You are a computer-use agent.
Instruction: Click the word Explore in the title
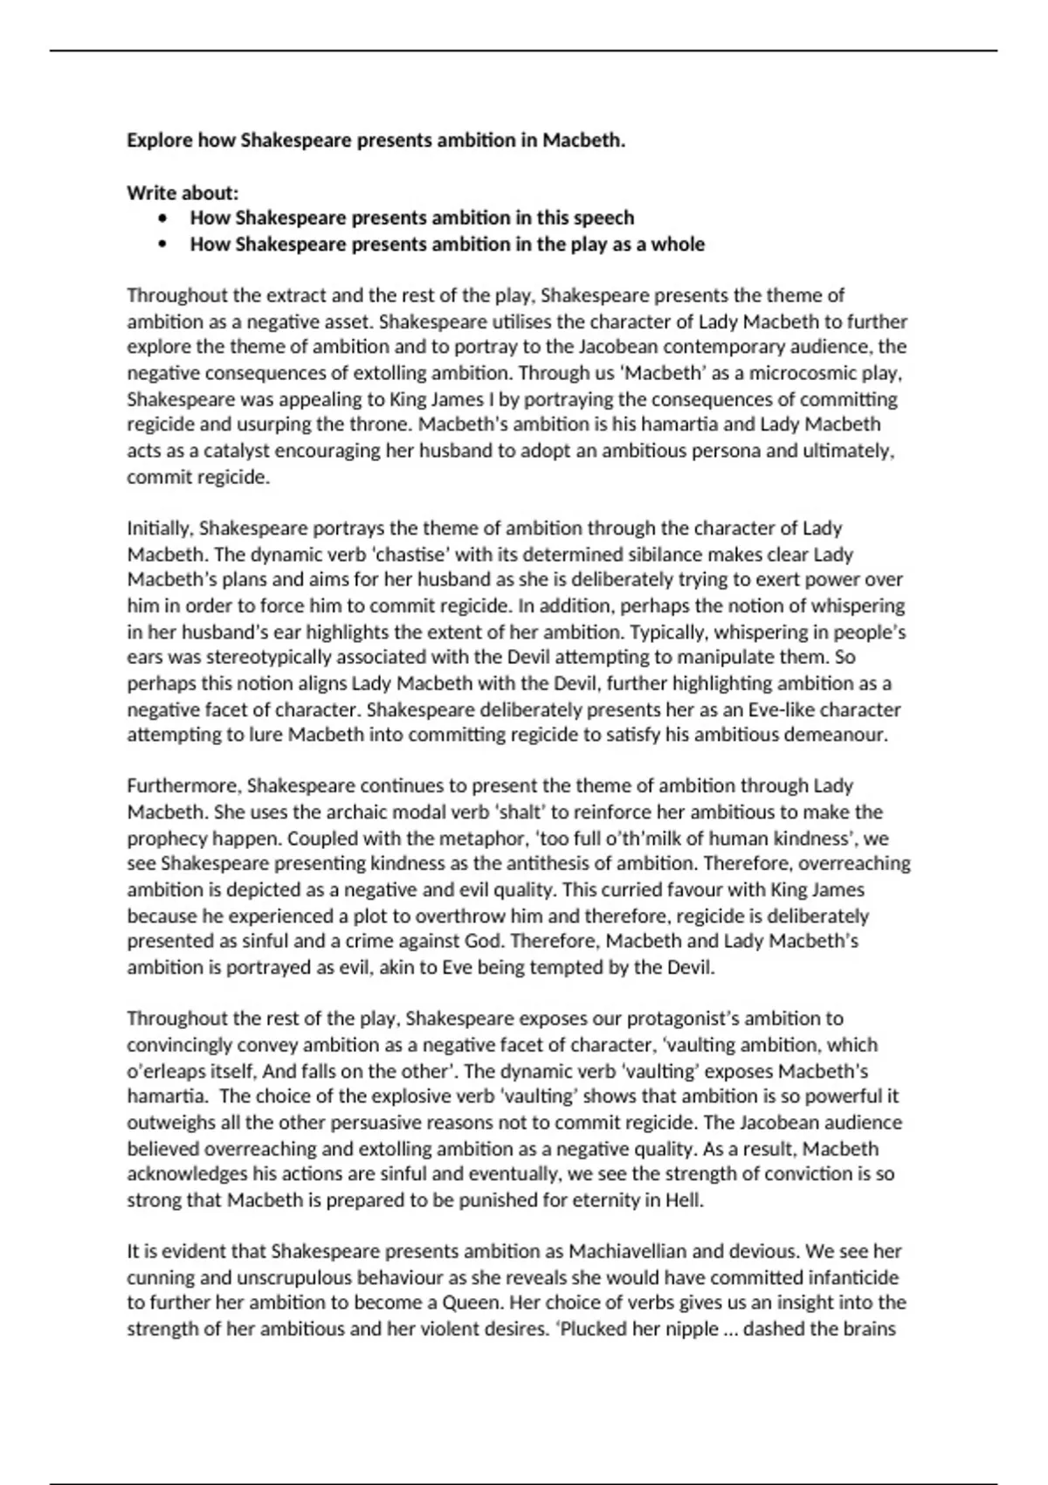(159, 141)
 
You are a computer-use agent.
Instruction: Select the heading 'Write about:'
(183, 192)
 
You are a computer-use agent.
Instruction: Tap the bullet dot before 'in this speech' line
(162, 218)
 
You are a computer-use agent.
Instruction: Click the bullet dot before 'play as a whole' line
(162, 245)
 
